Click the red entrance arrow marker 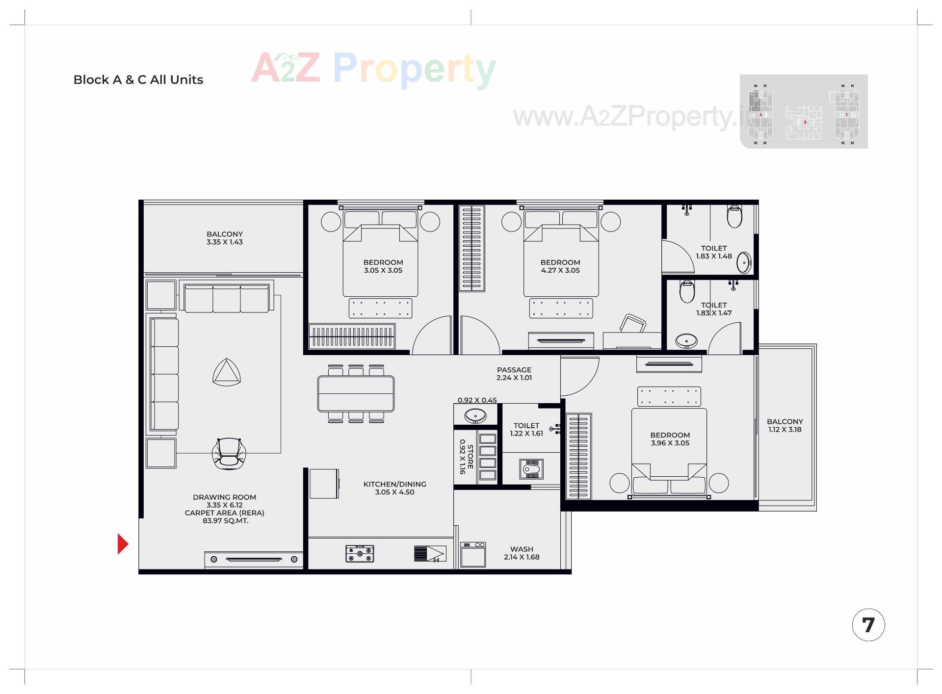pos(123,544)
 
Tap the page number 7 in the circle pos(868,625)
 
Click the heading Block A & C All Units pos(138,80)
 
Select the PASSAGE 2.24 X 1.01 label pos(514,374)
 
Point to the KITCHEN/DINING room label pos(394,488)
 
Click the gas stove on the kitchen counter pos(360,553)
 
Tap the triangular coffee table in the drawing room pos(227,372)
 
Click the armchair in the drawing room pos(229,453)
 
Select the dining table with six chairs pos(356,393)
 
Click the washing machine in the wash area pos(473,554)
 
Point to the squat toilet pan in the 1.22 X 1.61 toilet pos(531,469)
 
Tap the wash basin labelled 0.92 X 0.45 pos(475,416)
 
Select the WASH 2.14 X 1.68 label pos(522,553)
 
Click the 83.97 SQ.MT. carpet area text pos(225,521)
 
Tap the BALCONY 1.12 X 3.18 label pos(785,426)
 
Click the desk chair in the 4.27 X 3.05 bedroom pos(632,324)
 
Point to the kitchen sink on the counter pos(430,554)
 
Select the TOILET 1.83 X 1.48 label pos(713,252)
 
